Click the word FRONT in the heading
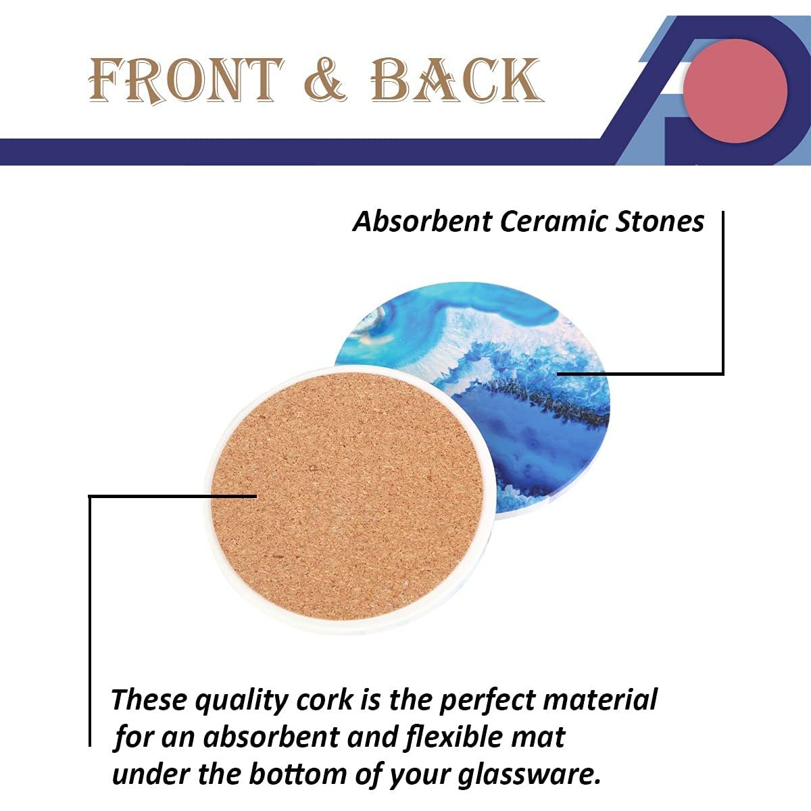click(186, 80)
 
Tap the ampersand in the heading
click(325, 80)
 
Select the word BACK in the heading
click(457, 80)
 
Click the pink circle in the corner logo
click(735, 91)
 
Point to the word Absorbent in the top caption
click(422, 222)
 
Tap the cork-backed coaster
click(347, 499)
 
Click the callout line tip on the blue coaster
click(558, 373)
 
